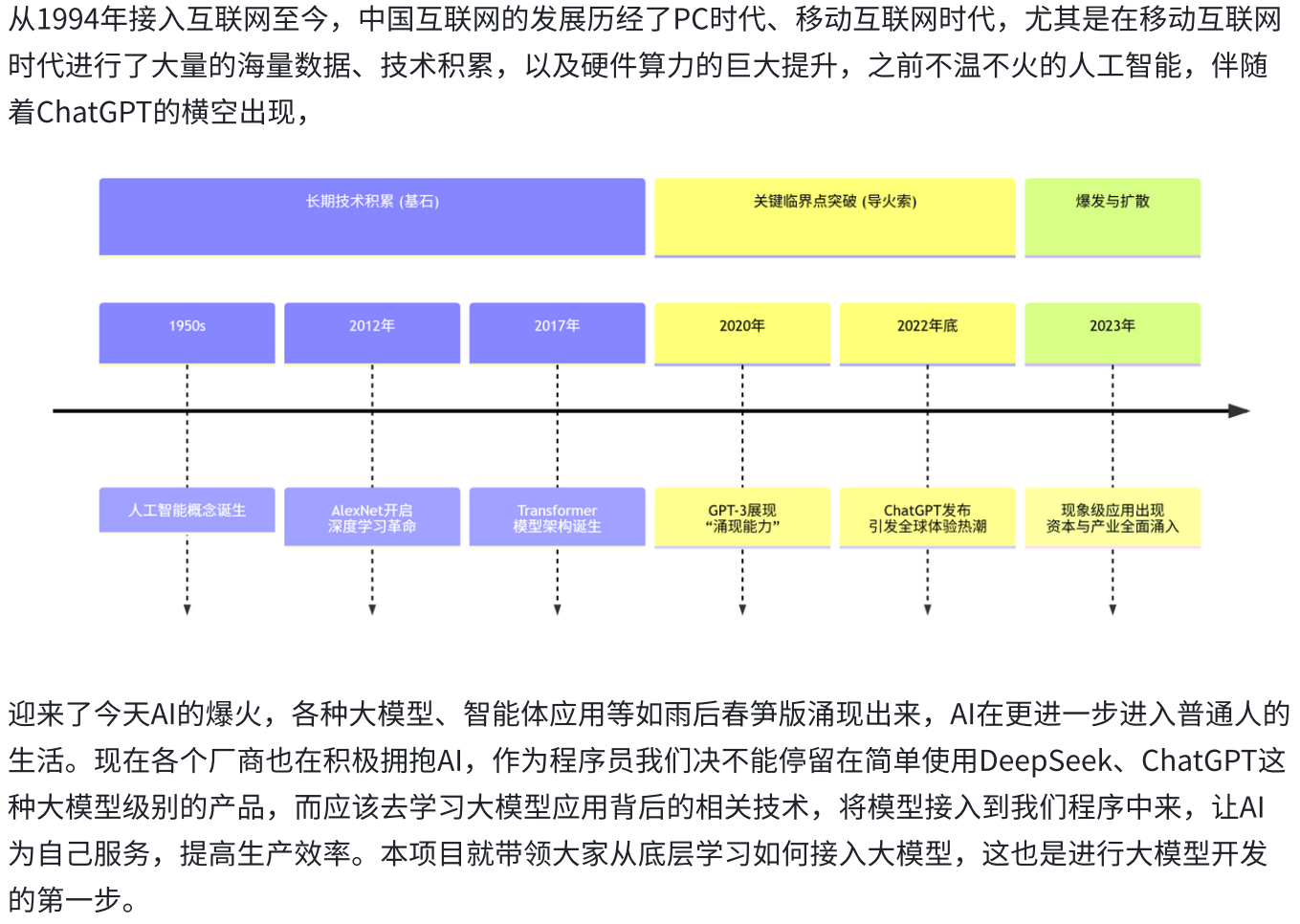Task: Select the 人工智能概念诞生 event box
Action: point(187,510)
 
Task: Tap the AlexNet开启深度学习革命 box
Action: point(372,517)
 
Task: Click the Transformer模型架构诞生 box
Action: point(557,517)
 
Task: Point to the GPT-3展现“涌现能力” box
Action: point(742,517)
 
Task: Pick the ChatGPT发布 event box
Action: point(927,517)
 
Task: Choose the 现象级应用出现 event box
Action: point(1113,517)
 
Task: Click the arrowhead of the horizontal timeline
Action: point(1240,410)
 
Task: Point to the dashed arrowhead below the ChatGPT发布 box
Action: point(927,609)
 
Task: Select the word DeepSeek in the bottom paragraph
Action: point(1046,761)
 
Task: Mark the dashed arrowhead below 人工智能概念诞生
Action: point(187,609)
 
